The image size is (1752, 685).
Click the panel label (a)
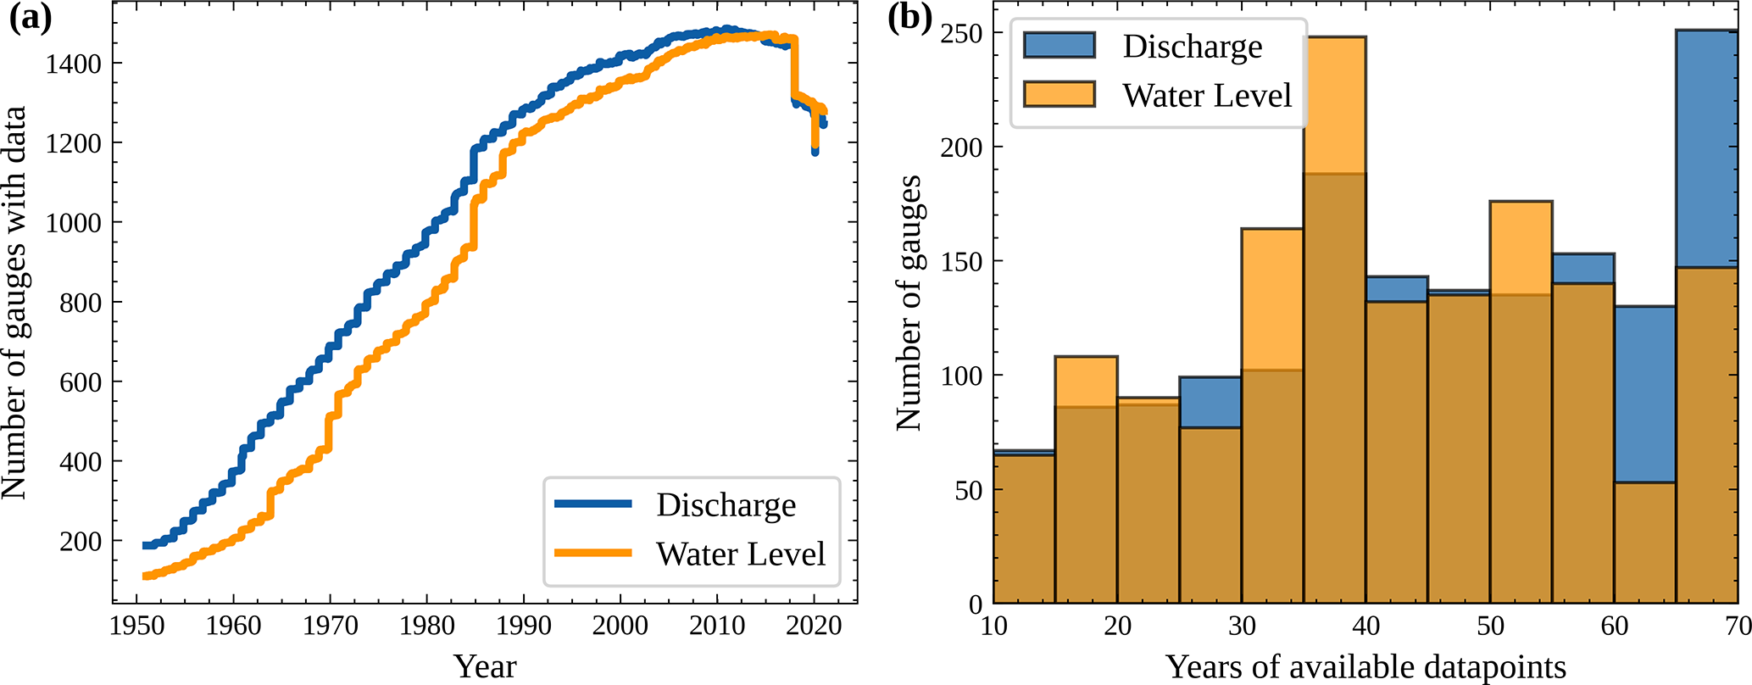pos(31,19)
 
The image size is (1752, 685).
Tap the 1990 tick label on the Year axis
pos(523,627)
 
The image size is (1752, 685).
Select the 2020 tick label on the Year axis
pos(814,627)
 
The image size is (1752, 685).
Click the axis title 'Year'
pos(484,666)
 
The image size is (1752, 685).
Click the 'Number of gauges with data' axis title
pos(14,302)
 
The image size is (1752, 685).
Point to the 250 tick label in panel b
pos(961,33)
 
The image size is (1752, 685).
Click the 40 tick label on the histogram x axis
pos(1365,627)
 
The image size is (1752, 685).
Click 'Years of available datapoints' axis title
pos(1365,666)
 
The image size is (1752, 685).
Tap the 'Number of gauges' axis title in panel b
pos(909,302)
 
